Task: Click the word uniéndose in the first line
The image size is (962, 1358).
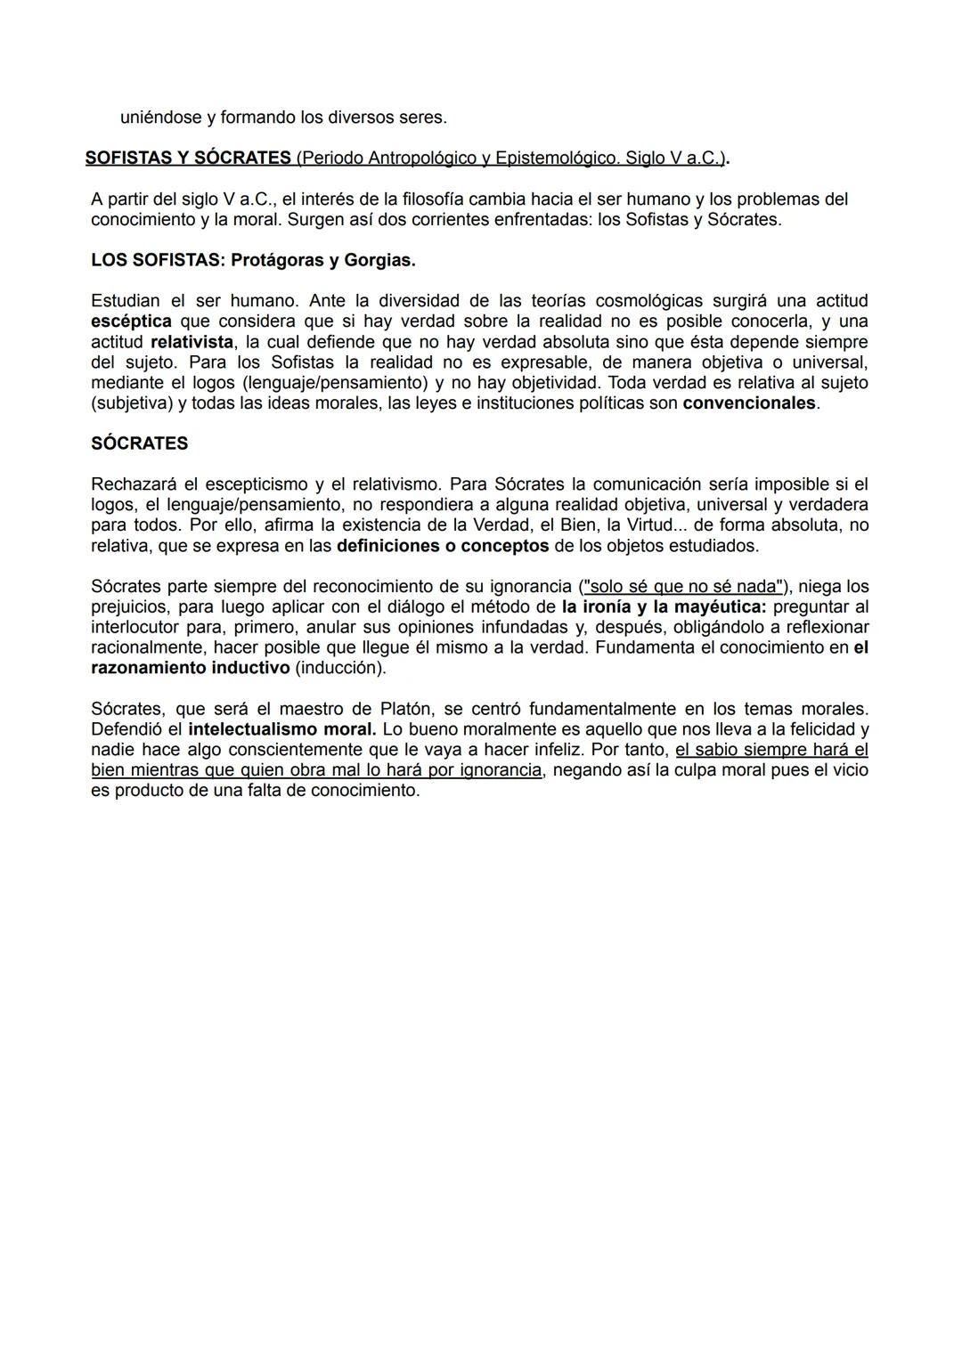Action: [159, 117]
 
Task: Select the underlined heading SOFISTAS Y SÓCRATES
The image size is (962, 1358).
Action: [188, 158]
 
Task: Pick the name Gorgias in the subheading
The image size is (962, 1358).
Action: [379, 260]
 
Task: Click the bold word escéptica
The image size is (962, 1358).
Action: [131, 321]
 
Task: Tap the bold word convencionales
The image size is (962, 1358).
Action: [749, 403]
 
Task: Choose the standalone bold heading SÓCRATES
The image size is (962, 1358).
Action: [139, 443]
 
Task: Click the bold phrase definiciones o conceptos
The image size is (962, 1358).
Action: [443, 545]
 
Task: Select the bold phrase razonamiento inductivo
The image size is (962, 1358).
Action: [191, 668]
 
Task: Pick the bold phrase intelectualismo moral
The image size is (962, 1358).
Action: [282, 729]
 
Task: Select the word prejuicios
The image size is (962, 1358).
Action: [132, 606]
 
